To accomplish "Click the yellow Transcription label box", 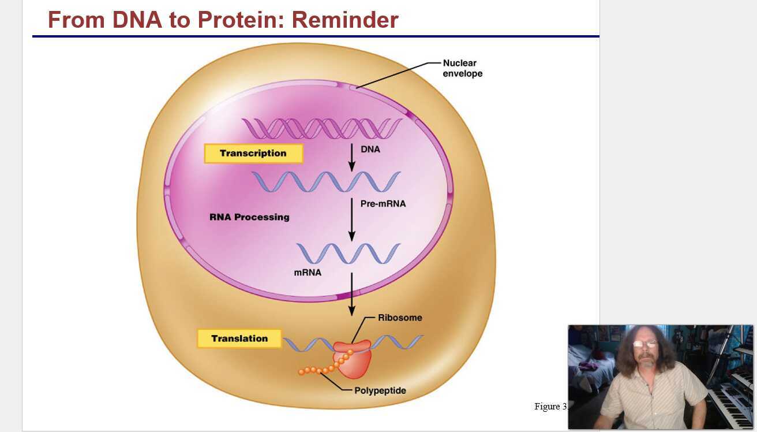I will pyautogui.click(x=253, y=154).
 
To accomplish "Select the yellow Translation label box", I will pyautogui.click(x=239, y=338).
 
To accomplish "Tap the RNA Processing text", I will pyautogui.click(x=249, y=217).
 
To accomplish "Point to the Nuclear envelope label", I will pyautogui.click(x=462, y=68).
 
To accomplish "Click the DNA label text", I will pyautogui.click(x=370, y=149).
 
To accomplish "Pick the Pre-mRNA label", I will pyautogui.click(x=383, y=204).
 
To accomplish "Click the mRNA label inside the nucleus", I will pyautogui.click(x=308, y=272).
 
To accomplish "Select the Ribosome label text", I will pyautogui.click(x=400, y=318).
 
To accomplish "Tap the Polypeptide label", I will pyautogui.click(x=380, y=390).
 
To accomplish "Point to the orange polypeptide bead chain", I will pyautogui.click(x=323, y=367).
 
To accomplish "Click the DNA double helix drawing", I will pyautogui.click(x=321, y=128).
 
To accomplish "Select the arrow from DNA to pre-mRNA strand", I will pyautogui.click(x=351, y=157).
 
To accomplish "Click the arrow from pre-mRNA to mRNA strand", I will pyautogui.click(x=351, y=219).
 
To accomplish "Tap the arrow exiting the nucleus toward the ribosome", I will pyautogui.click(x=351, y=294).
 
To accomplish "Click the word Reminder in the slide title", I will pyautogui.click(x=344, y=20).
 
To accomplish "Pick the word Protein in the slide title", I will pyautogui.click(x=241, y=20).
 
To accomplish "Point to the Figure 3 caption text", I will pyautogui.click(x=550, y=406).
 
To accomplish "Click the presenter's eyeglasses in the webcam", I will pyautogui.click(x=644, y=344).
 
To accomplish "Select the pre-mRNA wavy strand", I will pyautogui.click(x=326, y=182).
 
